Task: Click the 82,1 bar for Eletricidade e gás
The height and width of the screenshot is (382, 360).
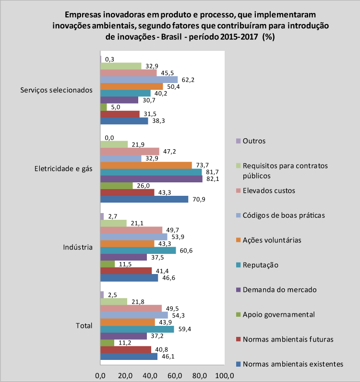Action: coord(151,179)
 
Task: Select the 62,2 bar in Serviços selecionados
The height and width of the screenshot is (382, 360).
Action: coord(139,80)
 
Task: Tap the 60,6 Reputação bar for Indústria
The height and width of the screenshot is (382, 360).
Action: coord(138,251)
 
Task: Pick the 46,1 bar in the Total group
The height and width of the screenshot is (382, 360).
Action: coord(129,357)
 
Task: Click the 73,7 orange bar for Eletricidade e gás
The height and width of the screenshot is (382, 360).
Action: coord(146,166)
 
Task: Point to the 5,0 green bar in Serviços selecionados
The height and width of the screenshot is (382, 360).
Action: coord(104,107)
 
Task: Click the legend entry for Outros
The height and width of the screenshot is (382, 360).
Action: coord(251,141)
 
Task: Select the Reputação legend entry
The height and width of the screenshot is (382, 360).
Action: coord(257,265)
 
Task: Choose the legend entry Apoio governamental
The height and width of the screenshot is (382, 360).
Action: coord(276,314)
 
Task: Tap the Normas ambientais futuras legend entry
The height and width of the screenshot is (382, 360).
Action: coord(285,339)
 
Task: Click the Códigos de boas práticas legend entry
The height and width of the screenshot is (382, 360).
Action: coord(280,215)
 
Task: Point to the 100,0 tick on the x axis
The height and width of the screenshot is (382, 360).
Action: coord(225,376)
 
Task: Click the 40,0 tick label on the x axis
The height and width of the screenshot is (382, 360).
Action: coord(150,376)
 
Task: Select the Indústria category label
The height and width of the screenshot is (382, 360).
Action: coord(78,247)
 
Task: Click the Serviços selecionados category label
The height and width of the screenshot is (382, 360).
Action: coord(56,90)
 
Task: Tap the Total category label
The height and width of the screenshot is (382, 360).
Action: coord(84,326)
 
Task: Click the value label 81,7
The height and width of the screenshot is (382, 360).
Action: coord(212,172)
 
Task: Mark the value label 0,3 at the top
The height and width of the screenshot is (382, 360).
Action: coord(110,59)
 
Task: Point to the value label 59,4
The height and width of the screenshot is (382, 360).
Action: coord(185,329)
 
